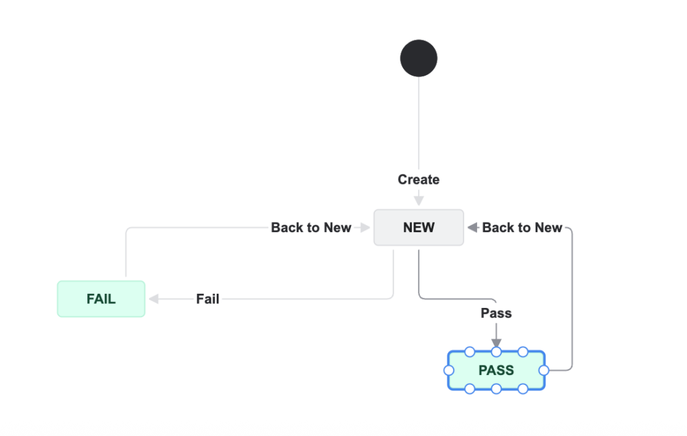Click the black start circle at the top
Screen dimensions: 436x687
[x=419, y=58]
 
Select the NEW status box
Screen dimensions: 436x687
[x=419, y=227]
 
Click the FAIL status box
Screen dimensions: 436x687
[x=101, y=299]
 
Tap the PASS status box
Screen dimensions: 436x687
[x=496, y=370]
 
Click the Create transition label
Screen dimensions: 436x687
[x=419, y=180]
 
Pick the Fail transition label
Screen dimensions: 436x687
[x=207, y=299]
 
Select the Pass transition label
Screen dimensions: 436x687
[x=496, y=313]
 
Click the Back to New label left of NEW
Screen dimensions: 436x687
[x=311, y=227]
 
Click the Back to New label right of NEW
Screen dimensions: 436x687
[x=522, y=227]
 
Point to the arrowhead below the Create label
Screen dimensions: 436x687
[x=419, y=200]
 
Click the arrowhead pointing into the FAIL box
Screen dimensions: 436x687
[x=154, y=299]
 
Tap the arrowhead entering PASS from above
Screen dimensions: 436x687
[x=496, y=343]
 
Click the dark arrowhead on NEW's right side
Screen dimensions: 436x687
[x=472, y=227]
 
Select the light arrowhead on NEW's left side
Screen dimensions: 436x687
[x=364, y=227]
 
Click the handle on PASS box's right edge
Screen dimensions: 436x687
[x=543, y=370]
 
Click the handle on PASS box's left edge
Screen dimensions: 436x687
[x=449, y=370]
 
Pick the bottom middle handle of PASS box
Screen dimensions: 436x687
[x=496, y=388]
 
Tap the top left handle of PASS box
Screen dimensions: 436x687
[x=470, y=351]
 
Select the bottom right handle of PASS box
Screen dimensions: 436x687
[x=523, y=388]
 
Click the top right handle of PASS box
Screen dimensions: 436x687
[x=523, y=351]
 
